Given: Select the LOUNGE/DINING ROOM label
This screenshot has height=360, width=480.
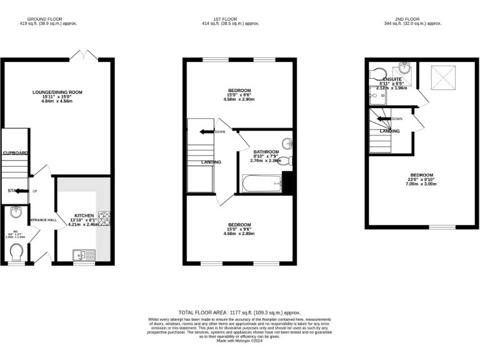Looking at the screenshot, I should pos(57,92).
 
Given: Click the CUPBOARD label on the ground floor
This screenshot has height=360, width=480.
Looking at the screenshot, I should pos(15,152).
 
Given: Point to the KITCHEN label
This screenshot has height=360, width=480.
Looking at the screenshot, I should pos(84,215).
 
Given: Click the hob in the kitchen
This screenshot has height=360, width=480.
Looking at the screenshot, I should pos(105,218).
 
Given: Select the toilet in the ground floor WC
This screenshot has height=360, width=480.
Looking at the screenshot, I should pos(17,252).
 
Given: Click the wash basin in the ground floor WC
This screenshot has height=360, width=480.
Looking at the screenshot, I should pos(16,212).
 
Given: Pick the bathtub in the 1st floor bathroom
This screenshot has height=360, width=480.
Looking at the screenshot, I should pos(261,184).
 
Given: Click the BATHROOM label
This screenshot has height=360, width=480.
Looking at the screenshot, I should pos(266,152).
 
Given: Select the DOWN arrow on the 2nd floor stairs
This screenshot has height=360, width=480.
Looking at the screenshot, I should pos(384,118).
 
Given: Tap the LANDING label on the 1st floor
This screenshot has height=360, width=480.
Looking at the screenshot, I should pos(211,162).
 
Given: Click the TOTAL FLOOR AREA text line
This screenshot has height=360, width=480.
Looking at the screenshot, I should pos(239,312).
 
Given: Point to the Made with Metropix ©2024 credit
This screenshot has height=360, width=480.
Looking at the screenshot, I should pos(239,341).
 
